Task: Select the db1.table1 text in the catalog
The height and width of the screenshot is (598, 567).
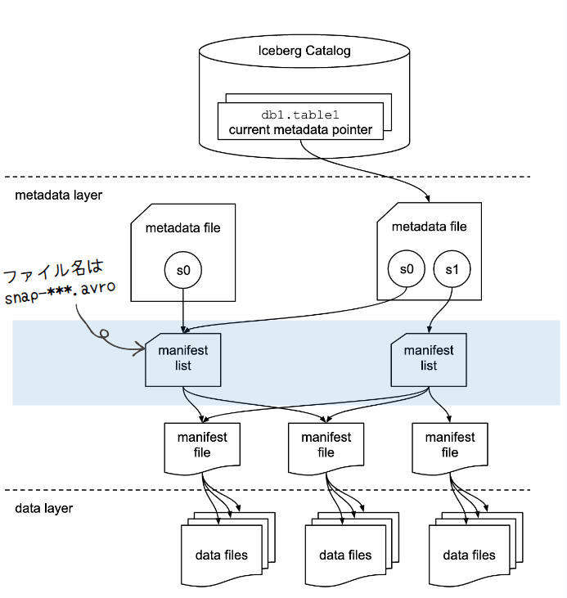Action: (x=300, y=115)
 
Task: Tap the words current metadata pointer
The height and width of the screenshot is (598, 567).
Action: (x=300, y=129)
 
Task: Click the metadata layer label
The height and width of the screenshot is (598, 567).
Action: (x=58, y=196)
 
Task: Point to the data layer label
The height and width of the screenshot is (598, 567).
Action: (x=44, y=508)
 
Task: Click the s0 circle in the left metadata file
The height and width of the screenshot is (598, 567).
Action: (x=182, y=271)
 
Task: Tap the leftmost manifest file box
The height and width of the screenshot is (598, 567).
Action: (x=201, y=447)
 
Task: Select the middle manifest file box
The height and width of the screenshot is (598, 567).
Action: (x=326, y=447)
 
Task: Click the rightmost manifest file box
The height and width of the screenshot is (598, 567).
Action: (x=449, y=447)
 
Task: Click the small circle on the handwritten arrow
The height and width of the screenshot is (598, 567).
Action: (x=104, y=333)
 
